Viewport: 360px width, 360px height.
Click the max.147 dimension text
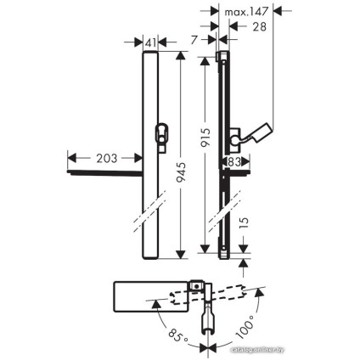(247, 12)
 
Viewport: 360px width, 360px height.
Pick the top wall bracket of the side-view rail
(222, 57)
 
